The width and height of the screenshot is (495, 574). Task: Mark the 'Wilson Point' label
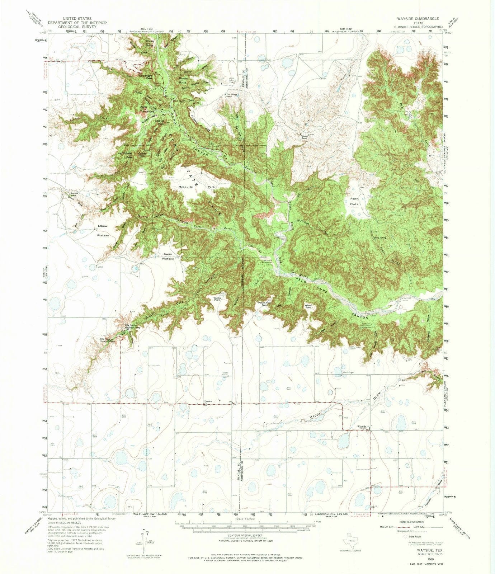[x=309, y=306]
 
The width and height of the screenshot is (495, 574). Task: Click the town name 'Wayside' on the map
[x=360, y=427]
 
